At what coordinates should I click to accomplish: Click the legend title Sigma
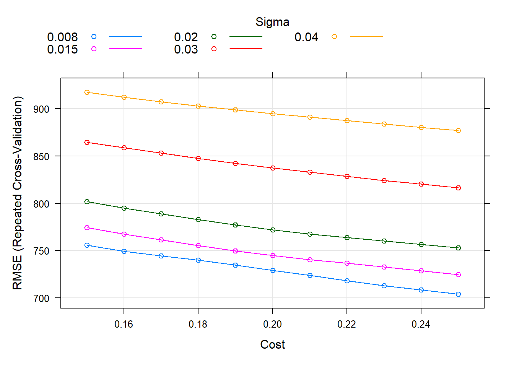(272, 22)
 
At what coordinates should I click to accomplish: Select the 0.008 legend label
(62, 37)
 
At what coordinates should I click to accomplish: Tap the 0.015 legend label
(62, 49)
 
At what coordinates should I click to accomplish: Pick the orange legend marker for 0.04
(334, 37)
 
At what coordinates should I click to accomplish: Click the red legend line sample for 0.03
(246, 49)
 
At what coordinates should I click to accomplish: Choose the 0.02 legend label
(186, 37)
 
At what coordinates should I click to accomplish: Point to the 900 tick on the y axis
(41, 109)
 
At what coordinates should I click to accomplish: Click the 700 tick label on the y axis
(41, 299)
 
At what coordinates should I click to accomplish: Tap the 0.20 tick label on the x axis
(272, 325)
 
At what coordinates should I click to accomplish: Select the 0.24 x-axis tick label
(421, 325)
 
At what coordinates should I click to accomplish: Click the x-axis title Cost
(272, 344)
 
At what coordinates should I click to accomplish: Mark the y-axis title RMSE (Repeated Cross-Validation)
(18, 193)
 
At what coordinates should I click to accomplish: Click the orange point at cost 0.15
(87, 93)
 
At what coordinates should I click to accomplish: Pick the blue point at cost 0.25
(458, 294)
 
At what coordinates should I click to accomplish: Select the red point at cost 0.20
(273, 168)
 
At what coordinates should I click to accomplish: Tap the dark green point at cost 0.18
(198, 220)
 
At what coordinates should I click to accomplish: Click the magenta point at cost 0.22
(347, 263)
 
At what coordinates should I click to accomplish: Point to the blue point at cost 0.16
(124, 252)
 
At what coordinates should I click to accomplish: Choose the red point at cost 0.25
(458, 188)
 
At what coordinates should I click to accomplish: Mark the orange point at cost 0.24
(421, 128)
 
